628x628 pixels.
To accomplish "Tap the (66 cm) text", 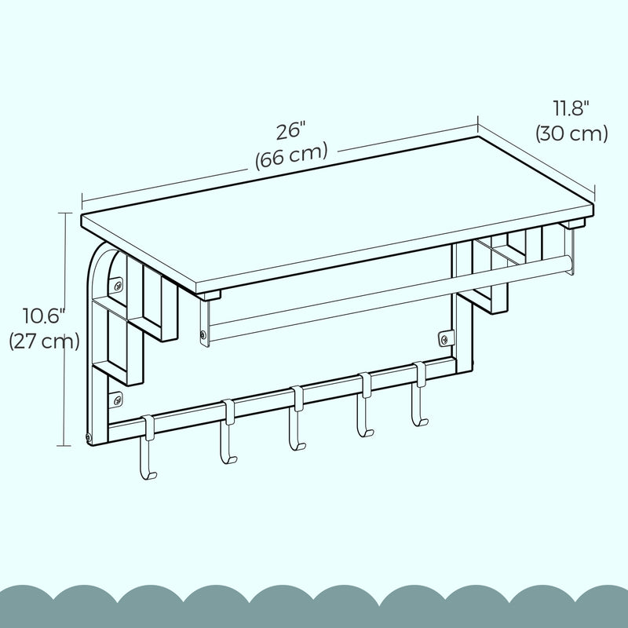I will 290,154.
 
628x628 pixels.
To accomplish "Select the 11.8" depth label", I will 571,108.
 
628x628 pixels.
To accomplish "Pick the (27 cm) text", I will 43,341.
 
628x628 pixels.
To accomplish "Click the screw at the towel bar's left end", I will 204,336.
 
